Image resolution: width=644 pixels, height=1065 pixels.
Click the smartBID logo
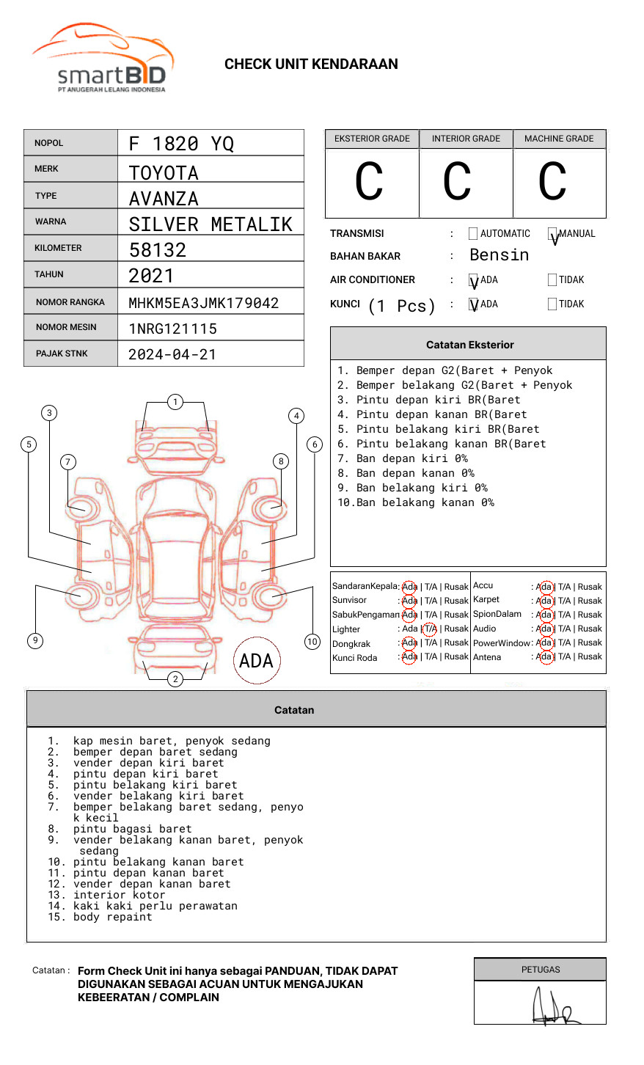103,59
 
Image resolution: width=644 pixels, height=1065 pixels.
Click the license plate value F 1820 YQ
181,144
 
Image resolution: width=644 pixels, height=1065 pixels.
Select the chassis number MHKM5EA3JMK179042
203,303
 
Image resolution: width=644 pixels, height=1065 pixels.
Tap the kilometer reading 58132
158,250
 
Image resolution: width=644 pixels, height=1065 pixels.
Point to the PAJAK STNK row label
62,354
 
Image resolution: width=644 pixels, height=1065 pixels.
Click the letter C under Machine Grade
552,183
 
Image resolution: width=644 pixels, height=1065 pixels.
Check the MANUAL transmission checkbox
552,234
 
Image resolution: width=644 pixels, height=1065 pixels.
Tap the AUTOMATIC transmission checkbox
473,234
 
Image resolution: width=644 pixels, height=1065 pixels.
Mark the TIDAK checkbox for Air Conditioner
552,280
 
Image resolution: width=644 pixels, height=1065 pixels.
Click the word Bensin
499,255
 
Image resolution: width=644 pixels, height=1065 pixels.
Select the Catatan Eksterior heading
469,345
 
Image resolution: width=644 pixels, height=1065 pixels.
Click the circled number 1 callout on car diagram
175,402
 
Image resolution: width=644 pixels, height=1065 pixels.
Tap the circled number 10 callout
312,642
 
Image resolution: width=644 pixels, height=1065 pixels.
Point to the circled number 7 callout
67,461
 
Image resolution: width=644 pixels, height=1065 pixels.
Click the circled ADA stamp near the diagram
256,661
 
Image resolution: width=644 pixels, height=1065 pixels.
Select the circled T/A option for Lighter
430,629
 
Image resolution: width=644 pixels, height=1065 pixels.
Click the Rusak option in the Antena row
590,656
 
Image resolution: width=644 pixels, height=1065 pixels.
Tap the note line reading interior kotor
119,895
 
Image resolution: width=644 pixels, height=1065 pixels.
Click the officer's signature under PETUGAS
554,1008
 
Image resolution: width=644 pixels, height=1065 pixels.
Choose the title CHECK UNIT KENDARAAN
311,65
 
